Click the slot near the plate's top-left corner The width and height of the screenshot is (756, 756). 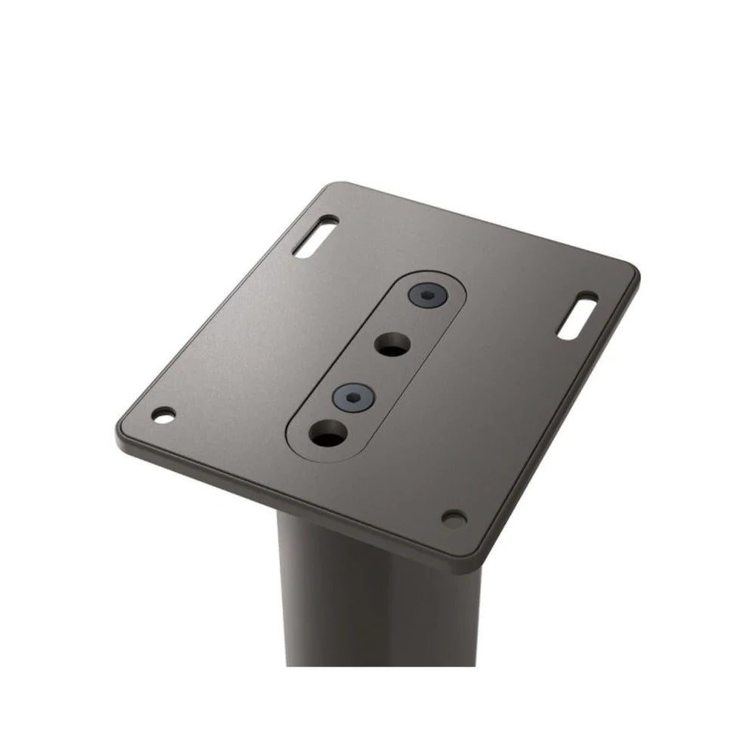coord(316,237)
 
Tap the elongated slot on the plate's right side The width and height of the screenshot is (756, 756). coord(578,317)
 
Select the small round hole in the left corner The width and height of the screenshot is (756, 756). coord(163,414)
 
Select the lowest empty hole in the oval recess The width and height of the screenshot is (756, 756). coord(329,436)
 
